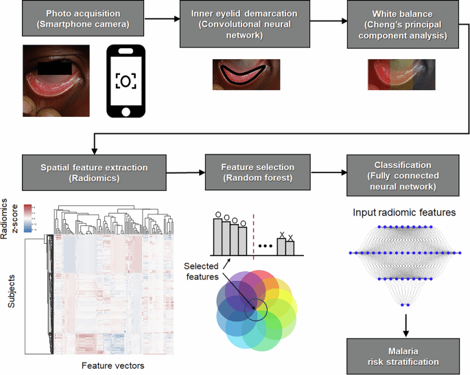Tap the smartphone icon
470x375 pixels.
[x=125, y=82]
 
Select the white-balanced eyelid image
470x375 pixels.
[x=401, y=74]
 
